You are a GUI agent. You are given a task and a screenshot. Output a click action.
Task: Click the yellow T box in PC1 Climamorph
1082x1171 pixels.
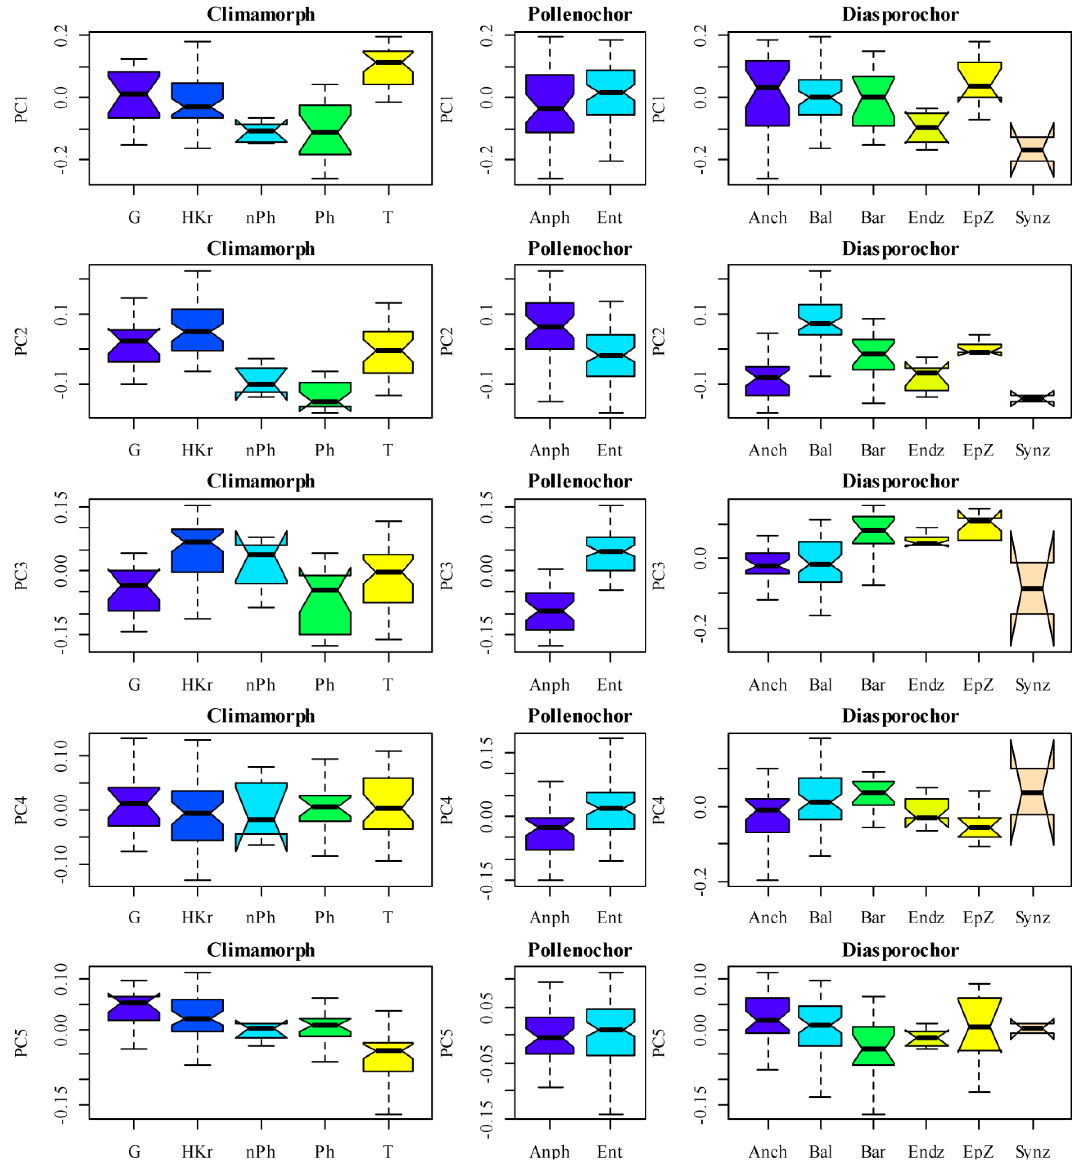point(388,68)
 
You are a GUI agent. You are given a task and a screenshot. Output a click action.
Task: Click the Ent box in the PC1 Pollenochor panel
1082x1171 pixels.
point(610,92)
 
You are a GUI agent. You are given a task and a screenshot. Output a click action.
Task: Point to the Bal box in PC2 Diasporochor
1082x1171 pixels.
point(820,320)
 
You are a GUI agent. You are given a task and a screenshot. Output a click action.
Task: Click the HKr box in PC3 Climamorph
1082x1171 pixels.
point(197,550)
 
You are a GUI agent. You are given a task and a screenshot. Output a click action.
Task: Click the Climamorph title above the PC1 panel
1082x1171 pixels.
point(261,14)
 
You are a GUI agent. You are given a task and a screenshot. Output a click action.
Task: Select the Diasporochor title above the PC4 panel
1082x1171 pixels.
point(900,715)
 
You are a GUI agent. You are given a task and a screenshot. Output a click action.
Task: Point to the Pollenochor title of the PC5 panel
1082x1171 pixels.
point(580,950)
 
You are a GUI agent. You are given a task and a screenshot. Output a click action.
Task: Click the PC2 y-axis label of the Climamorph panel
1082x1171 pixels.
point(21,341)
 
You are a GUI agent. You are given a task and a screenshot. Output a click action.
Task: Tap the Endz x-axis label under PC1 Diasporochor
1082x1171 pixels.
point(926,218)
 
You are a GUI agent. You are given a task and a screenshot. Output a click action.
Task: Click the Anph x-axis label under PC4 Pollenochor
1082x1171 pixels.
point(549,918)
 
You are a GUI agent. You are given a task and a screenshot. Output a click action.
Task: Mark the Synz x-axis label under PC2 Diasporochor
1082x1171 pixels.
point(1032,450)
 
